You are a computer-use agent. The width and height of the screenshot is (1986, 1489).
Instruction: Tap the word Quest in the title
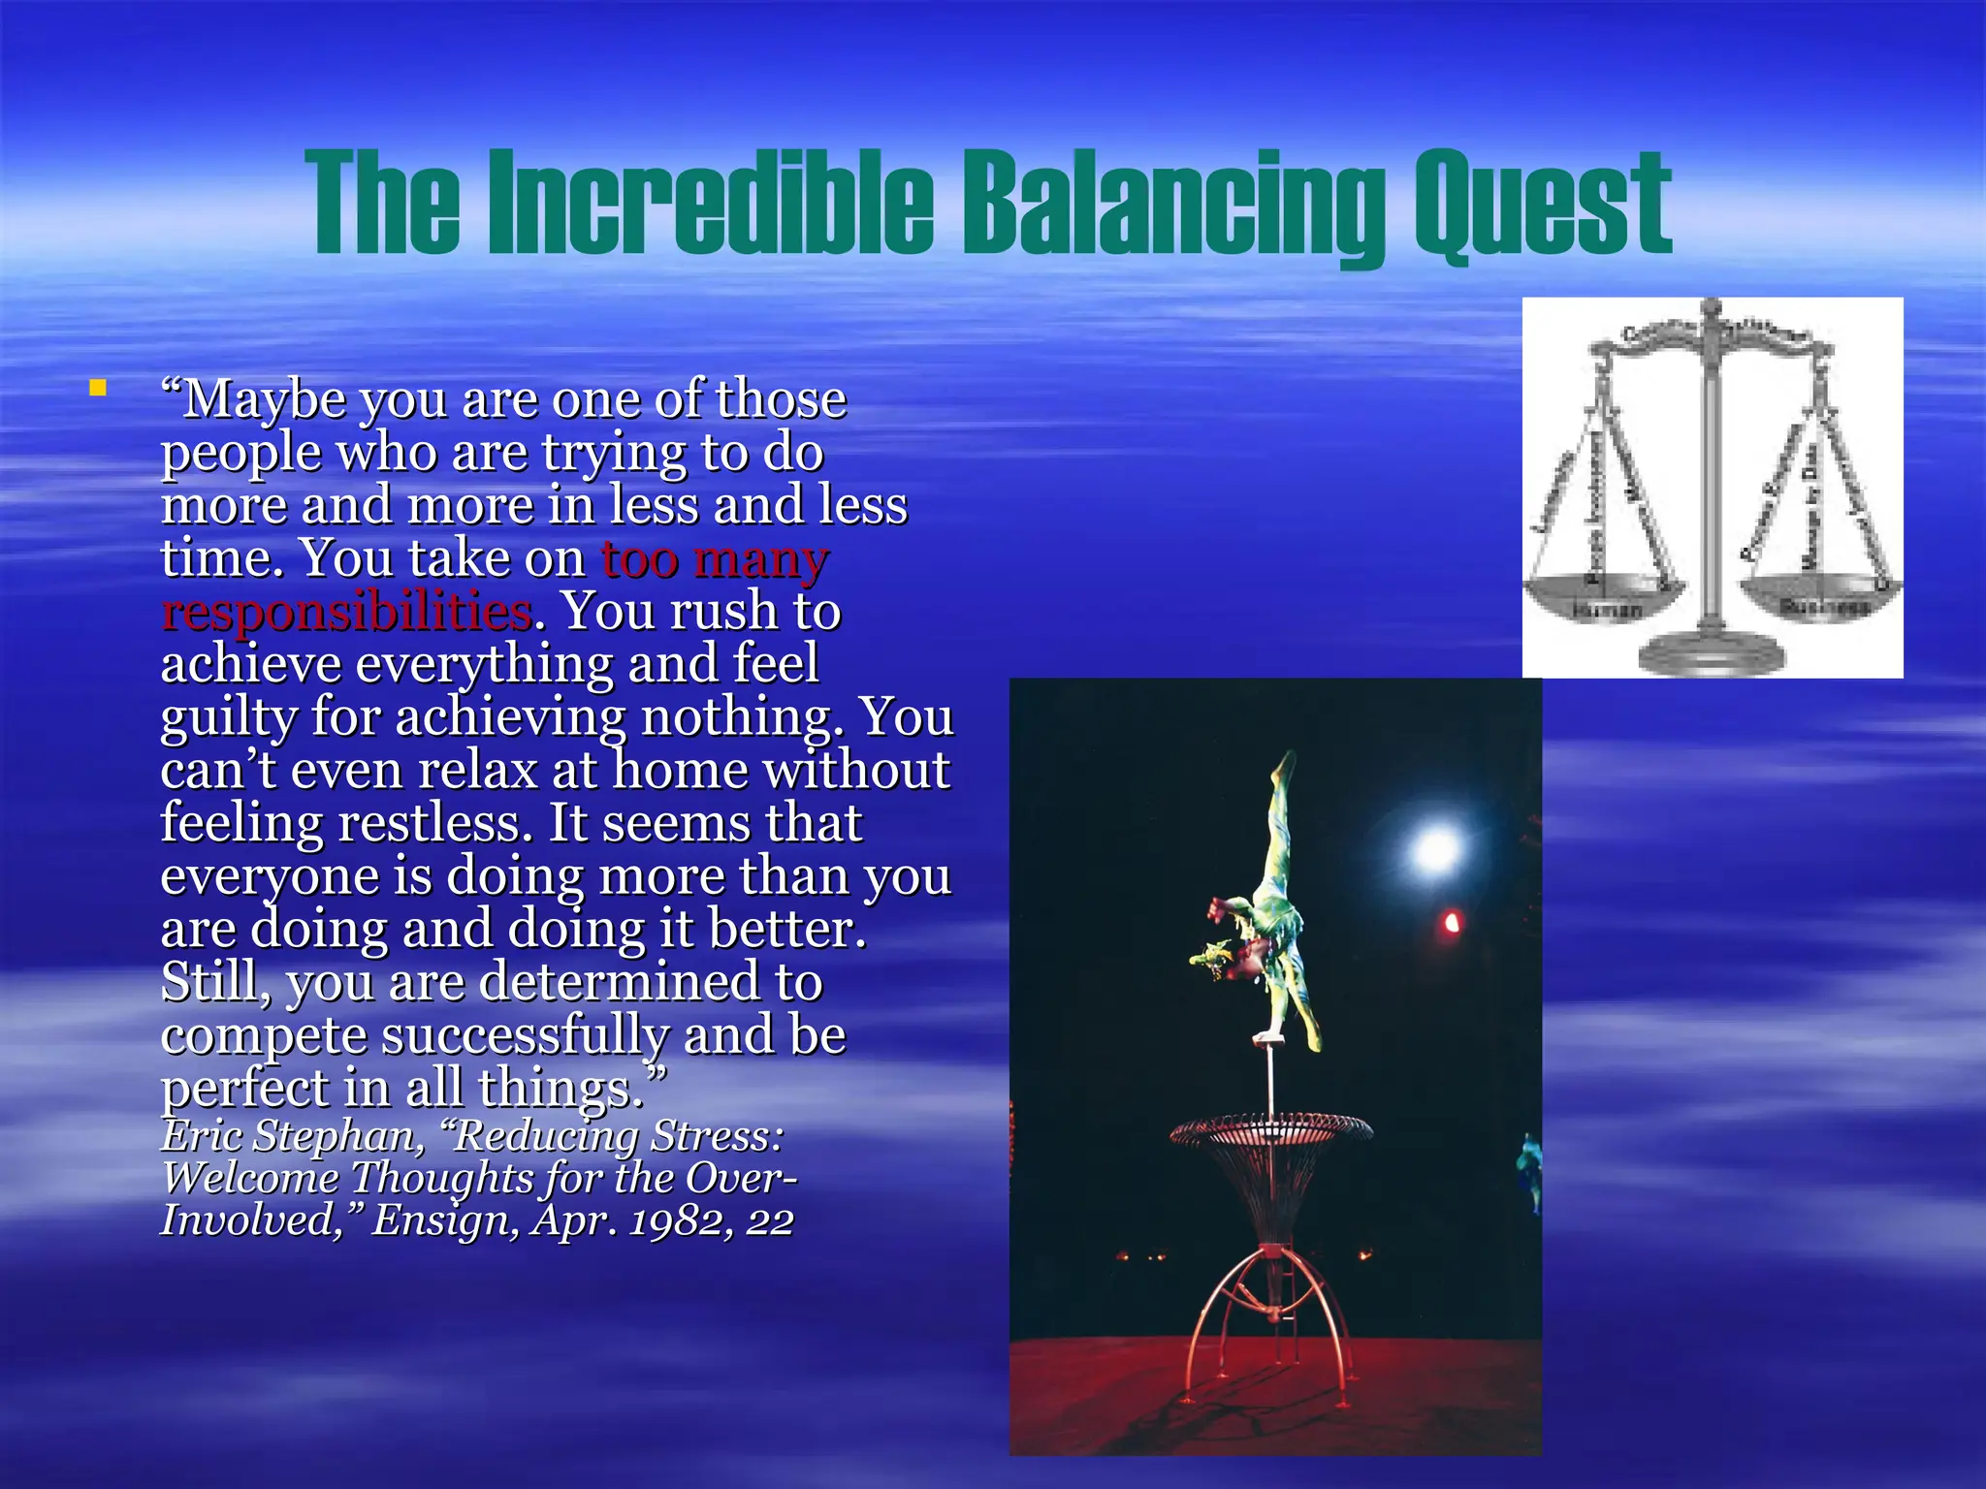point(1542,204)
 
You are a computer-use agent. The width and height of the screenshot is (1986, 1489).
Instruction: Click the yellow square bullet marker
point(97,389)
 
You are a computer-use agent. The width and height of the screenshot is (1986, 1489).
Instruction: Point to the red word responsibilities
point(347,613)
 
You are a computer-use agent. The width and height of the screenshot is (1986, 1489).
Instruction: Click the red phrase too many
point(715,559)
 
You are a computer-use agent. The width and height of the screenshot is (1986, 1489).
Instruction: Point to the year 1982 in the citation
point(680,1220)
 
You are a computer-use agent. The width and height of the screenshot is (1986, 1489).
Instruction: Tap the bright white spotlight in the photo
point(1436,849)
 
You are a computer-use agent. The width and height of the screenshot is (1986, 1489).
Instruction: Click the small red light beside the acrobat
point(1452,922)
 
